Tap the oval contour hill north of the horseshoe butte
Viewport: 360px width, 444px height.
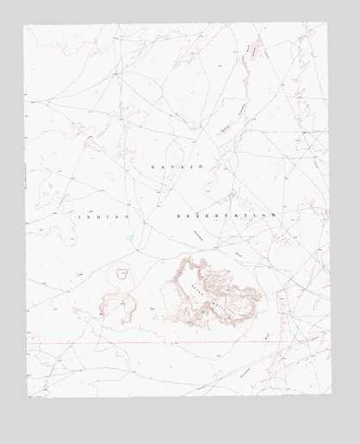[123, 273]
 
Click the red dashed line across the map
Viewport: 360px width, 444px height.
[172, 345]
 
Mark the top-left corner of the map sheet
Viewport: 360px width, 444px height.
[23, 25]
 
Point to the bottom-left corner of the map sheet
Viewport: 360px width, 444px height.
[28, 397]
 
